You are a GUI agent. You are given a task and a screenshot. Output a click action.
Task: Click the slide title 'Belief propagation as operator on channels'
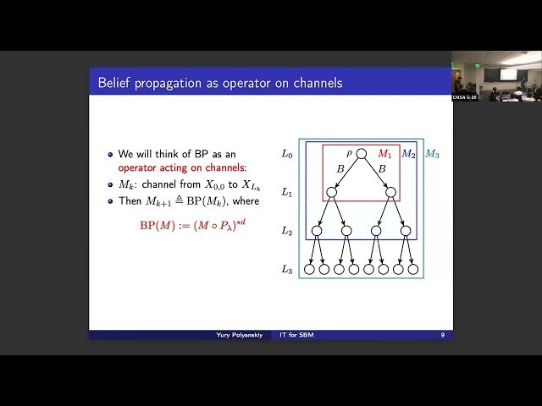pyautogui.click(x=220, y=82)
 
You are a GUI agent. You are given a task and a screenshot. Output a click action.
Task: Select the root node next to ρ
pyautogui.click(x=362, y=154)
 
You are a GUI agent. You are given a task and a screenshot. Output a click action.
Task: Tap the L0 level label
pyautogui.click(x=287, y=154)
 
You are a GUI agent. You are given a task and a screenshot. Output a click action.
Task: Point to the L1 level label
pyautogui.click(x=287, y=193)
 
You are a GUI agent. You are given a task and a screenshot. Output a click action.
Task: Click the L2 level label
pyautogui.click(x=287, y=231)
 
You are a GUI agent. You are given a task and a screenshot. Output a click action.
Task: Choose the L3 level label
pyautogui.click(x=287, y=269)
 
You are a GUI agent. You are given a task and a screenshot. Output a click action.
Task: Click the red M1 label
pyautogui.click(x=384, y=154)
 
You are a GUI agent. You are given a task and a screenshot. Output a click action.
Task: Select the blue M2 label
pyautogui.click(x=408, y=154)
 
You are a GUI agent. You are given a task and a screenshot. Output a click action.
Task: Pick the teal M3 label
pyautogui.click(x=432, y=154)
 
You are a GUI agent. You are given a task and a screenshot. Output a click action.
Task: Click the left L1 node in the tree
pyautogui.click(x=332, y=193)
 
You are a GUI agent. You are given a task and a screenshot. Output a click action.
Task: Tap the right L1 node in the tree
pyautogui.click(x=391, y=193)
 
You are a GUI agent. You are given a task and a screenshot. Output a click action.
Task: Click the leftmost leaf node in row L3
pyautogui.click(x=310, y=270)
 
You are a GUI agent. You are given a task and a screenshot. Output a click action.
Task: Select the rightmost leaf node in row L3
pyautogui.click(x=413, y=270)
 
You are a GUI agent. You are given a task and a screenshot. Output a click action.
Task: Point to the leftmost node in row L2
pyautogui.click(x=317, y=231)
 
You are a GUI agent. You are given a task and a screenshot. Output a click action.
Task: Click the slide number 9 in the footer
pyautogui.click(x=442, y=335)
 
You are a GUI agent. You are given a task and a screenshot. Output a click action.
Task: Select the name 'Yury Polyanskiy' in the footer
pyautogui.click(x=239, y=335)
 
